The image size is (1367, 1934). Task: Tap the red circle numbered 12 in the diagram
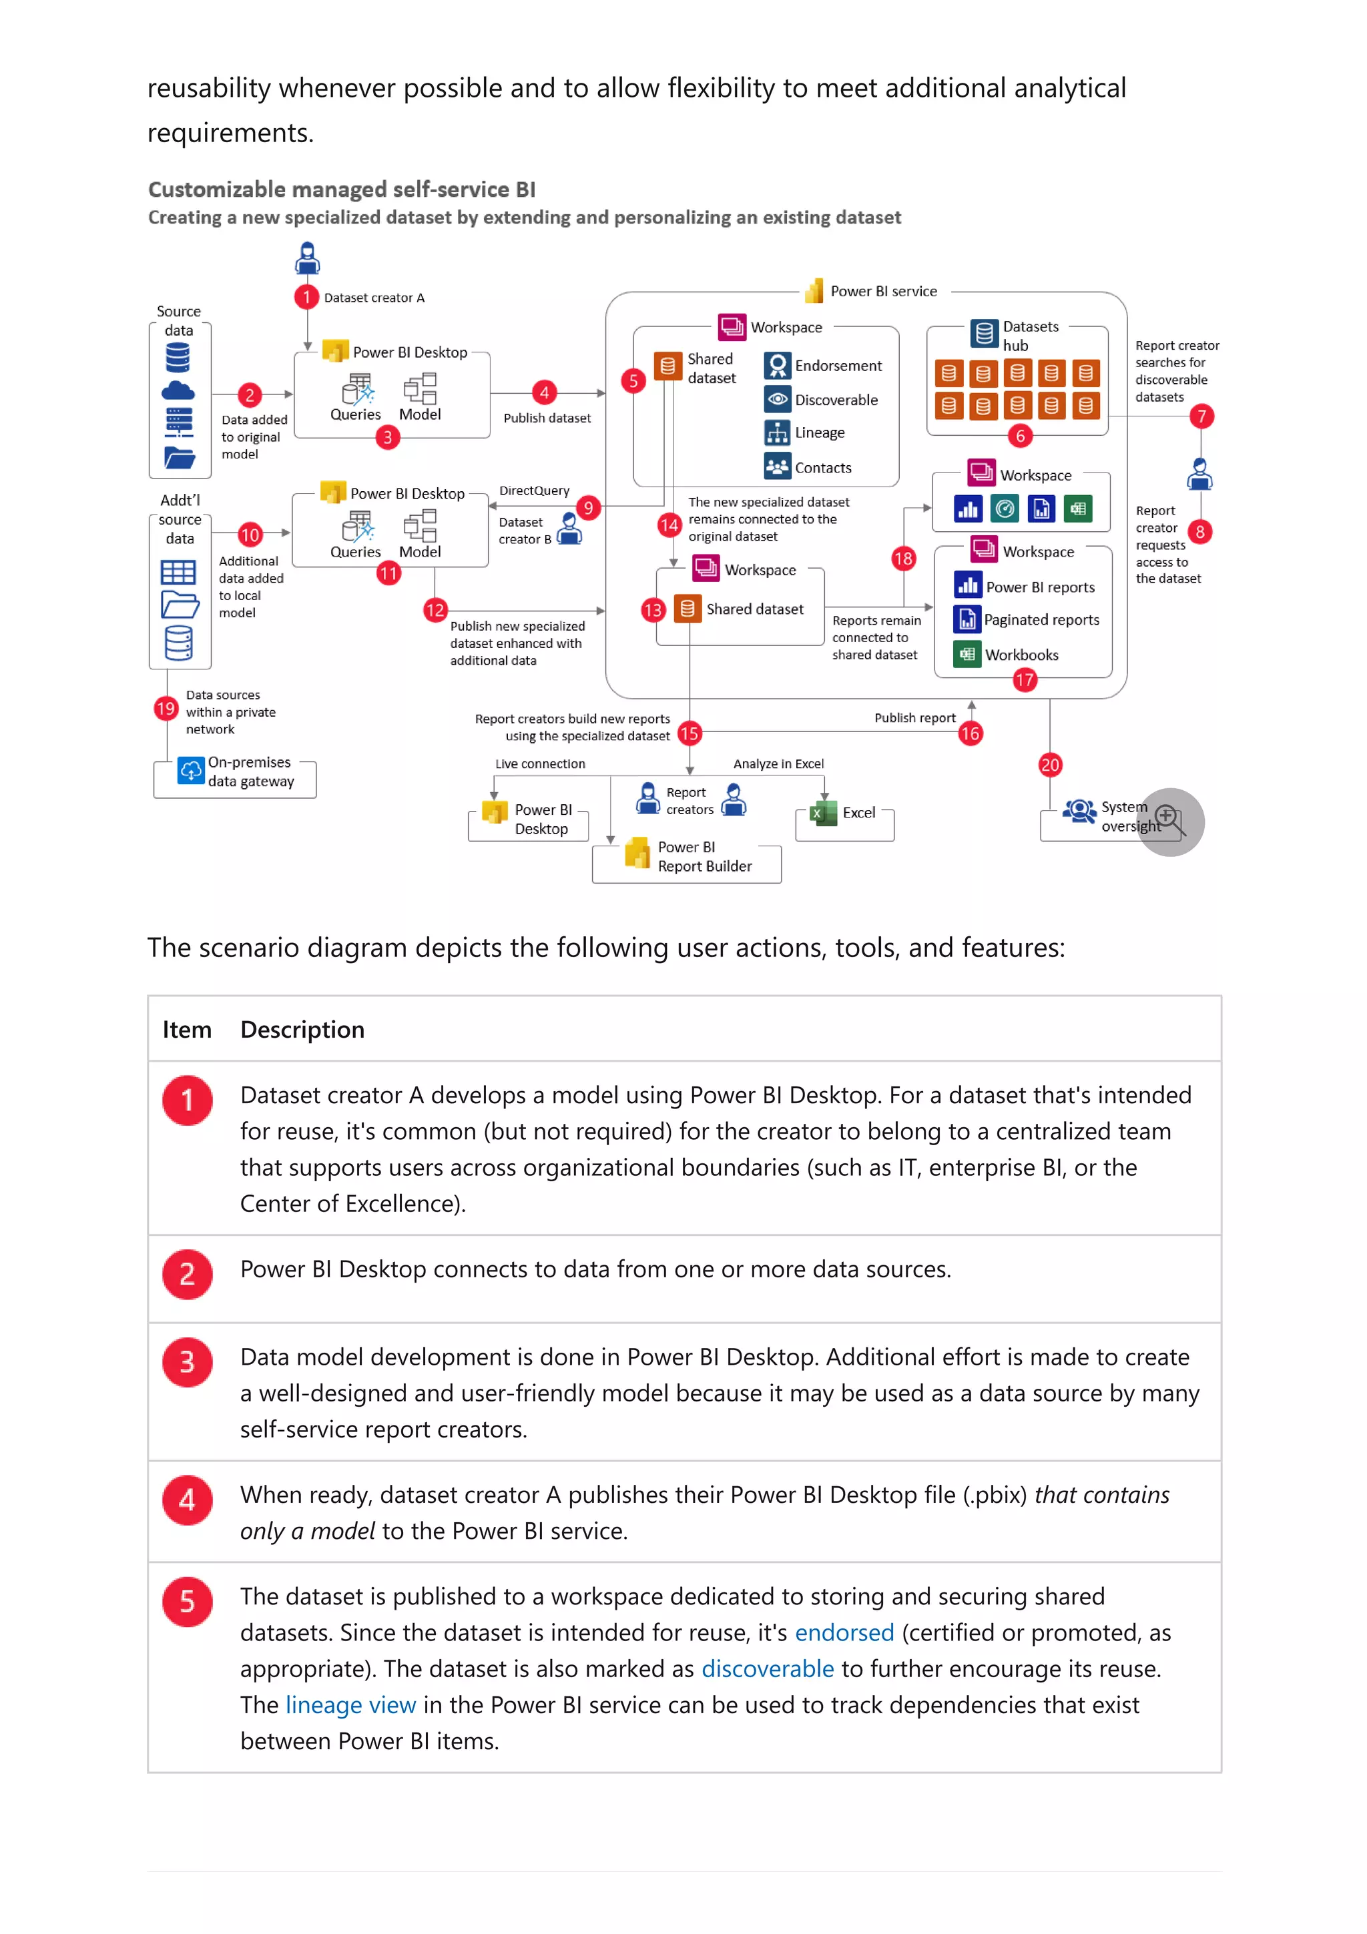pos(435,610)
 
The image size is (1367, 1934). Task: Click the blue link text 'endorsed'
pos(844,1632)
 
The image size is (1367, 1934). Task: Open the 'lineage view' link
pos(350,1705)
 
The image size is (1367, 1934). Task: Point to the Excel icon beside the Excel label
pos(823,813)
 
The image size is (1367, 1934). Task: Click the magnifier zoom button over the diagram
pos(1170,822)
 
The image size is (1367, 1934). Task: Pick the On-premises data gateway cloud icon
pos(191,770)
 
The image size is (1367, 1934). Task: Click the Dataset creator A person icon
pos(308,258)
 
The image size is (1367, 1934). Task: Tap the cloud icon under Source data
pos(178,391)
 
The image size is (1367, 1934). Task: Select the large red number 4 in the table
pos(187,1500)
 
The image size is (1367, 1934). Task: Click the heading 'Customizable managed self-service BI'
pos(341,190)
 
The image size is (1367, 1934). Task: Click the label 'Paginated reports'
pos(1041,620)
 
